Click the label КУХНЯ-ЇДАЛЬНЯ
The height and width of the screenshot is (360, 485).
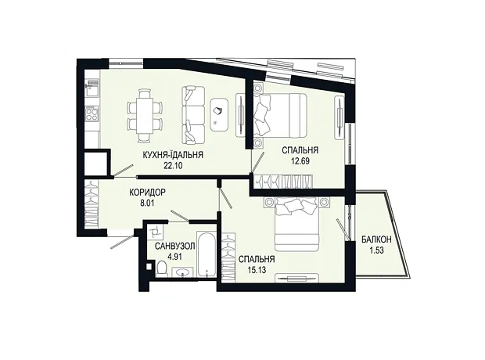click(173, 155)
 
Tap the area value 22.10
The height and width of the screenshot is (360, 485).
click(173, 166)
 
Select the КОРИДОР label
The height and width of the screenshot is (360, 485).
click(147, 193)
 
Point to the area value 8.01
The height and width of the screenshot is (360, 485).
click(147, 203)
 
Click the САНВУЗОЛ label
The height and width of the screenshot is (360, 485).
click(175, 247)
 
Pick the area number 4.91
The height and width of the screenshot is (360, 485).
click(174, 257)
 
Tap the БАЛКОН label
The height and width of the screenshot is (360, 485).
click(376, 239)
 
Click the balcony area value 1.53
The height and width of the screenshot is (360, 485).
click(376, 250)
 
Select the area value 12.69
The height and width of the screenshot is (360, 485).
click(300, 161)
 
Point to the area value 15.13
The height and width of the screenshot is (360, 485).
click(257, 270)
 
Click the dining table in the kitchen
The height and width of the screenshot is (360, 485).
click(145, 115)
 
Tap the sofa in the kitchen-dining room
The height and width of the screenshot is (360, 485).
click(193, 115)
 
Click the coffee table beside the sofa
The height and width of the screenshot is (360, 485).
click(219, 115)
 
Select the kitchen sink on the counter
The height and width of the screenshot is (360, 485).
click(92, 88)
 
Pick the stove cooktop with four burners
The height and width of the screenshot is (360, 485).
click(92, 113)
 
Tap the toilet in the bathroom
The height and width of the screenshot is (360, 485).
click(162, 268)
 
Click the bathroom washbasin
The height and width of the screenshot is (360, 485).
click(182, 272)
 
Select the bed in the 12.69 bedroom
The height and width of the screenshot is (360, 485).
click(280, 115)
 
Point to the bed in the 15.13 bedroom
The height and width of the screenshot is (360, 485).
click(297, 225)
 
